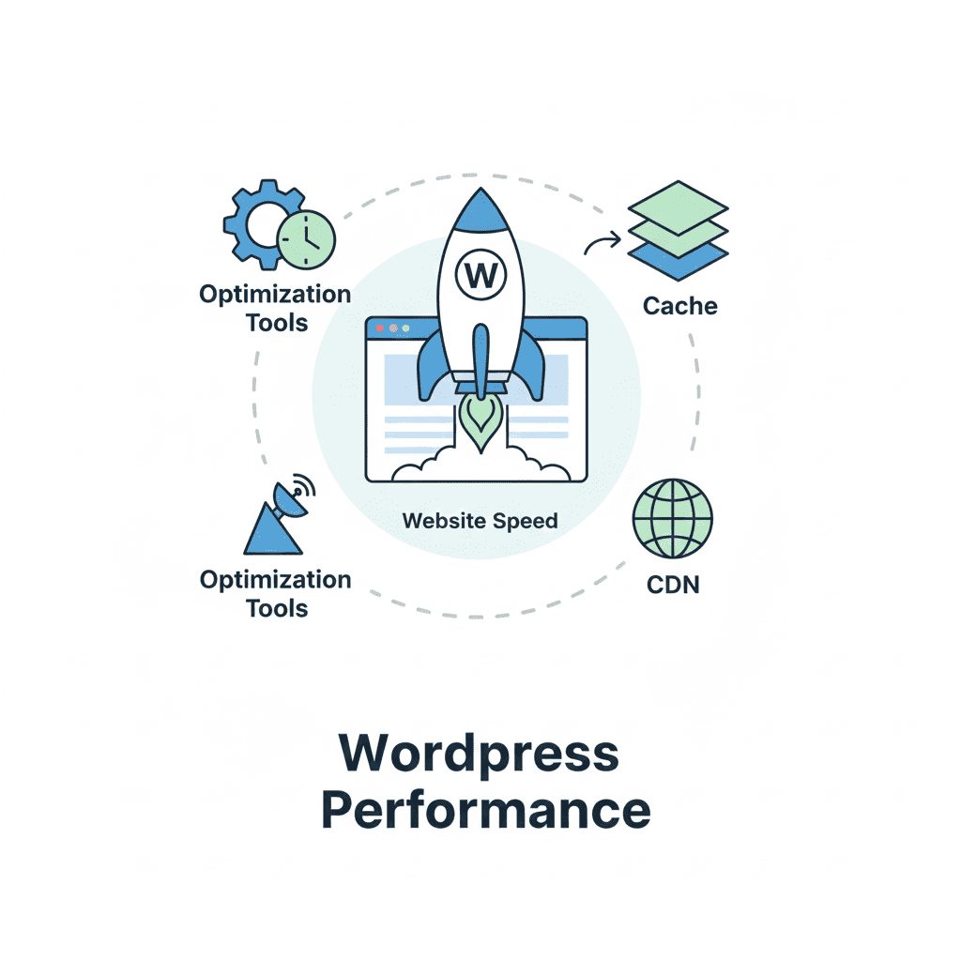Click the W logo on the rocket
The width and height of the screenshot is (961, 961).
[x=480, y=276]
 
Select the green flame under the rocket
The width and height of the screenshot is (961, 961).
[x=480, y=420]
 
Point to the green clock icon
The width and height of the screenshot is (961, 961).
[x=307, y=239]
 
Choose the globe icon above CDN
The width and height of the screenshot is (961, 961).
[x=672, y=519]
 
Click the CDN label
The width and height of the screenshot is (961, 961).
[x=673, y=585]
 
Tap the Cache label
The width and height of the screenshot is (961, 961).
[x=680, y=306]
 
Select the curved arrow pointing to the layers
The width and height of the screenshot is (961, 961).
[x=602, y=244]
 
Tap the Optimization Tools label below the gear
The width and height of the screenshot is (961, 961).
[x=276, y=308]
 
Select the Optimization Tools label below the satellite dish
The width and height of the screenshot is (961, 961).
[x=276, y=593]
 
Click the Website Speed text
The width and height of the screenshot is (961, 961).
[x=480, y=520]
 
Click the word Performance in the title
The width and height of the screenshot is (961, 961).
[x=485, y=810]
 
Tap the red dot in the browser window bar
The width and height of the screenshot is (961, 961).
[x=379, y=328]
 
